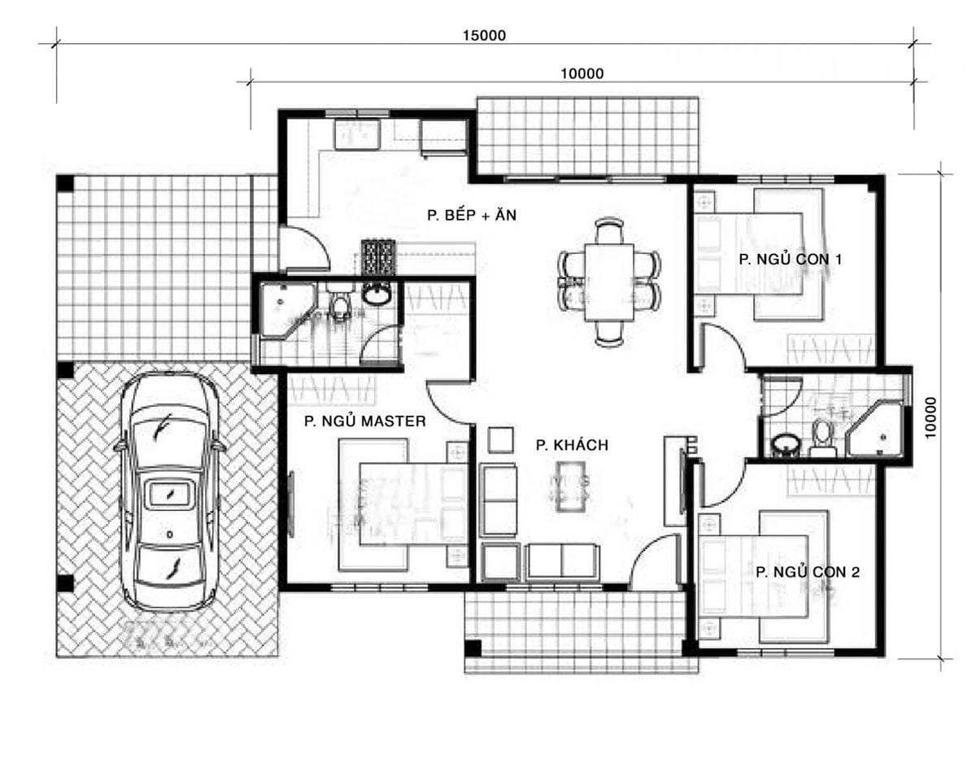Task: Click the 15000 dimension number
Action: point(484,36)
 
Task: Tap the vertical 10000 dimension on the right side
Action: point(930,417)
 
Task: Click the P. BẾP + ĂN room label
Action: point(472,215)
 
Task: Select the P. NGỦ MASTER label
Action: point(365,421)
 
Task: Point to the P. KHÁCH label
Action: point(572,445)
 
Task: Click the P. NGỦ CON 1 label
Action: point(791,260)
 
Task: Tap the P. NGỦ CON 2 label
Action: point(808,572)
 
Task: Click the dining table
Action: point(609,282)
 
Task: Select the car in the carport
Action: point(170,492)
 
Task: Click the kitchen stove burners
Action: point(378,258)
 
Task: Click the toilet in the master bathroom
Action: point(338,303)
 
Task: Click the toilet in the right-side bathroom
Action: point(822,436)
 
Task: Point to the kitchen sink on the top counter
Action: point(356,134)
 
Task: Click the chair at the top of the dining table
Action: point(609,230)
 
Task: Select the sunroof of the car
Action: point(170,494)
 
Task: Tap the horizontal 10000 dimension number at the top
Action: point(582,73)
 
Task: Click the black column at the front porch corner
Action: point(473,648)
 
